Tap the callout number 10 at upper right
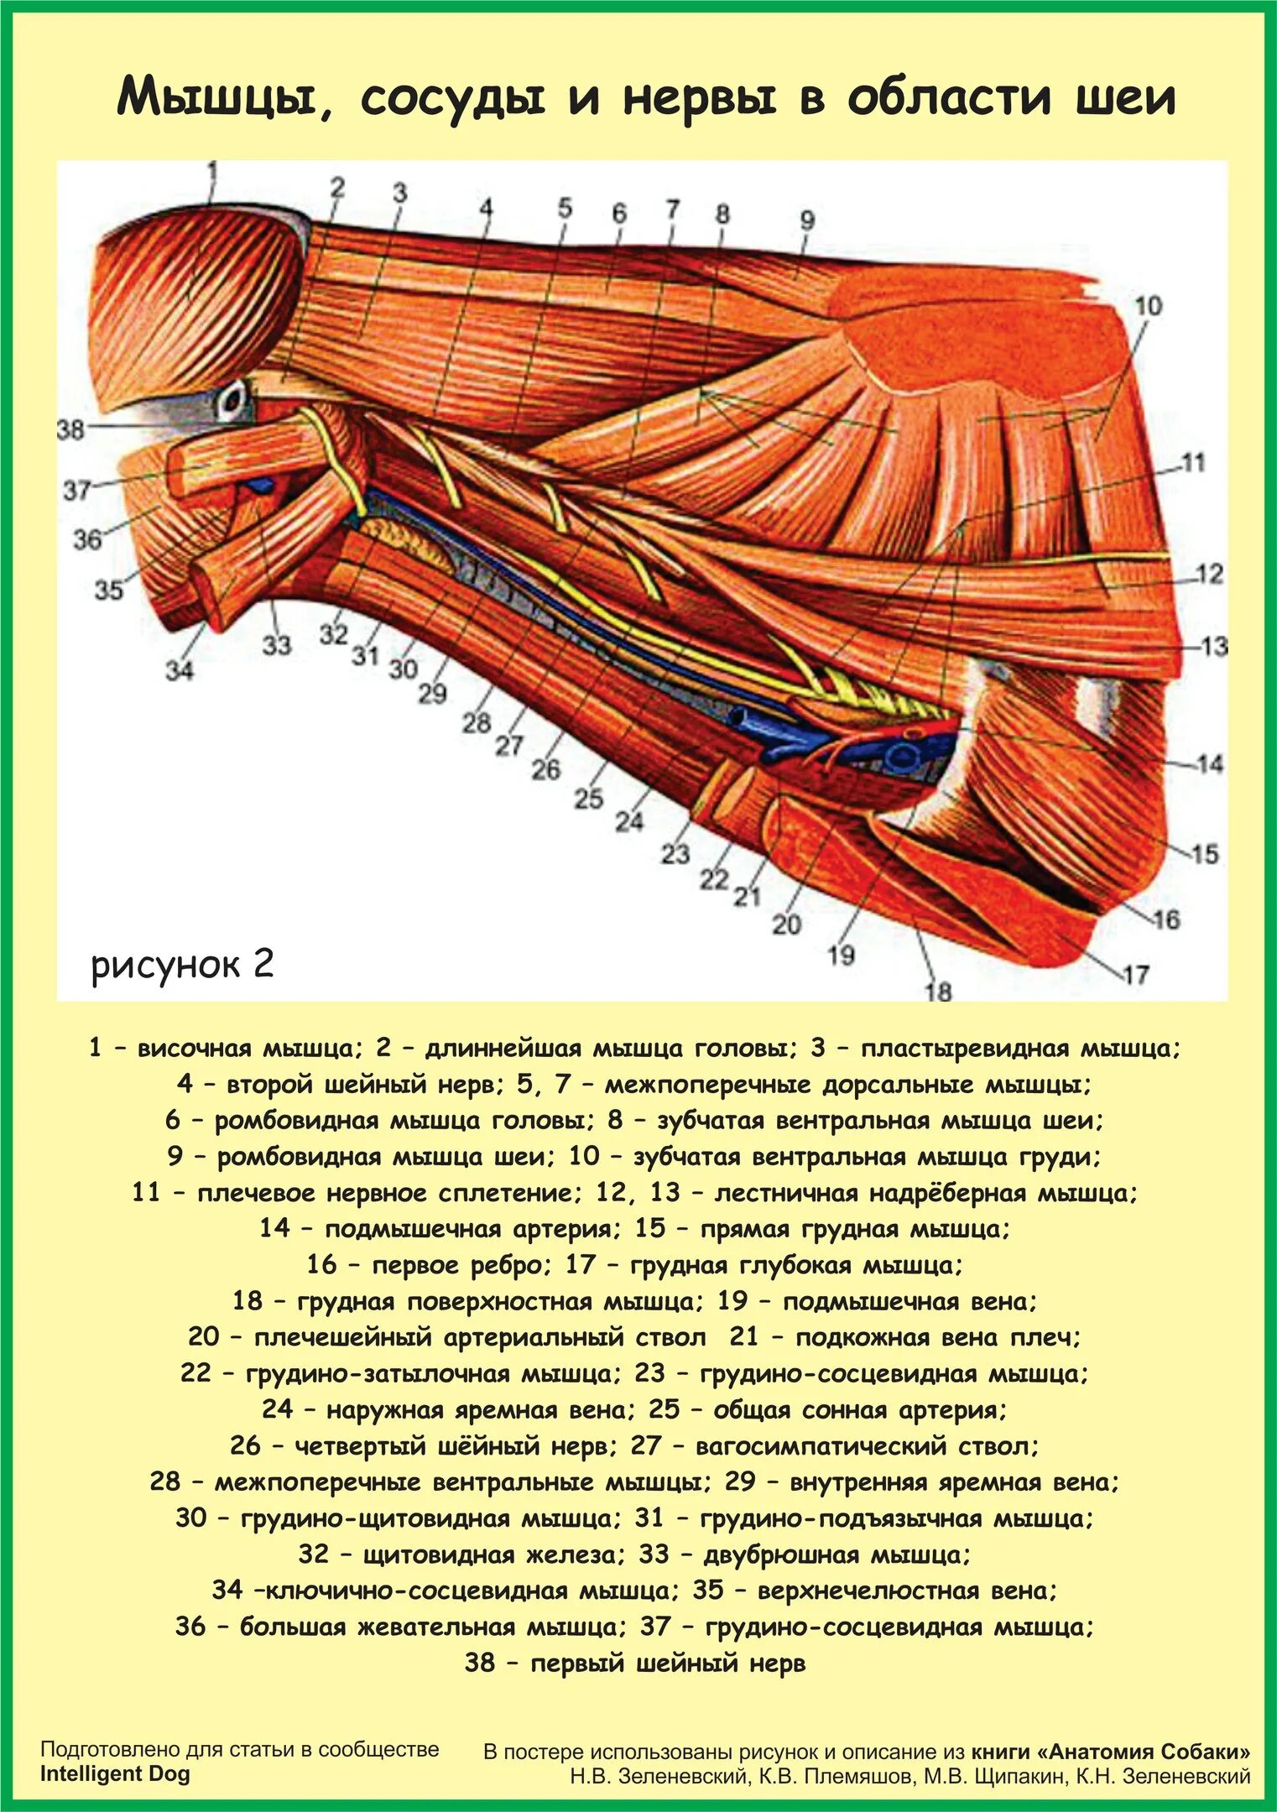(1148, 306)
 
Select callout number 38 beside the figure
(70, 430)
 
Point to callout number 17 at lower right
(1135, 975)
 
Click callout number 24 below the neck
(629, 820)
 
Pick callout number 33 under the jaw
(276, 644)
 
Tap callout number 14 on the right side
(1209, 764)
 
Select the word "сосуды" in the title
(453, 98)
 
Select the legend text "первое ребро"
(461, 1265)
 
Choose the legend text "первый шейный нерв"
(667, 1663)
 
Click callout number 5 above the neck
(565, 206)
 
